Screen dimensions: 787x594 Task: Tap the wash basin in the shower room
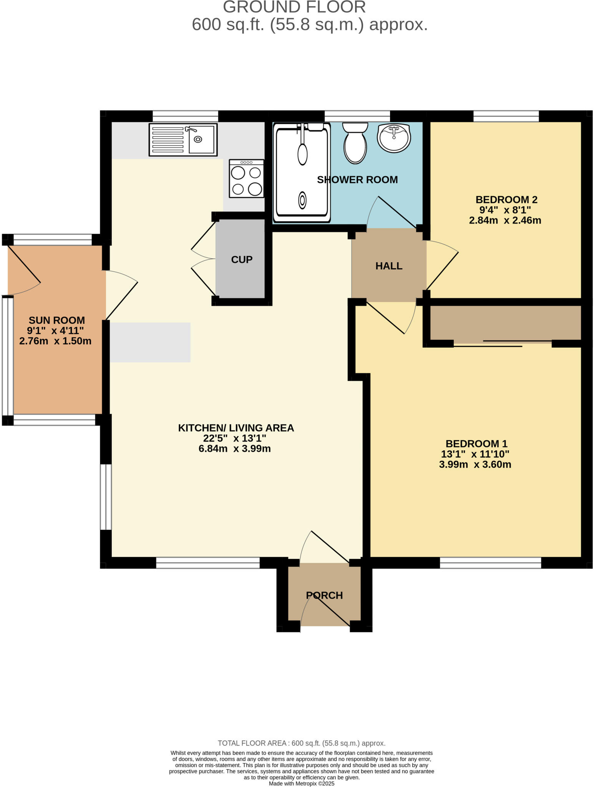tap(394, 137)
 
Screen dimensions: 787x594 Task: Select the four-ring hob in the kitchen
tap(247, 179)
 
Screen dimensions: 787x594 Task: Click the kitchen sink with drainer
tap(183, 139)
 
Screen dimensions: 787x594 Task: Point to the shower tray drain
tap(302, 200)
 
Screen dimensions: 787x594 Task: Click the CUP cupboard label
tap(242, 260)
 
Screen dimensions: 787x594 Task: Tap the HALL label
tap(389, 266)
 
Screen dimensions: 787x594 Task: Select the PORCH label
tap(324, 595)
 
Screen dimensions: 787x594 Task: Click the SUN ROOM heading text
tap(57, 320)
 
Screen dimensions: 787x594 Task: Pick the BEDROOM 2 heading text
tap(506, 200)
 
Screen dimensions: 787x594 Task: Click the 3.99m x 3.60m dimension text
tap(475, 465)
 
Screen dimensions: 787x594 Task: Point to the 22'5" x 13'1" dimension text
tap(235, 438)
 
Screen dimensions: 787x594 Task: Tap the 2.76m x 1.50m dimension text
tap(55, 341)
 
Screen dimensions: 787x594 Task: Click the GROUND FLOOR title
tap(294, 7)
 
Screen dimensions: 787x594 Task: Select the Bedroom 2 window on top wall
tap(506, 116)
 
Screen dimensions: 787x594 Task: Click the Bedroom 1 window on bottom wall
tap(490, 563)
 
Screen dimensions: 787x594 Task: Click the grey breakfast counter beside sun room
tap(150, 342)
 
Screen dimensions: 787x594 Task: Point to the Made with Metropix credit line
tap(302, 784)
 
